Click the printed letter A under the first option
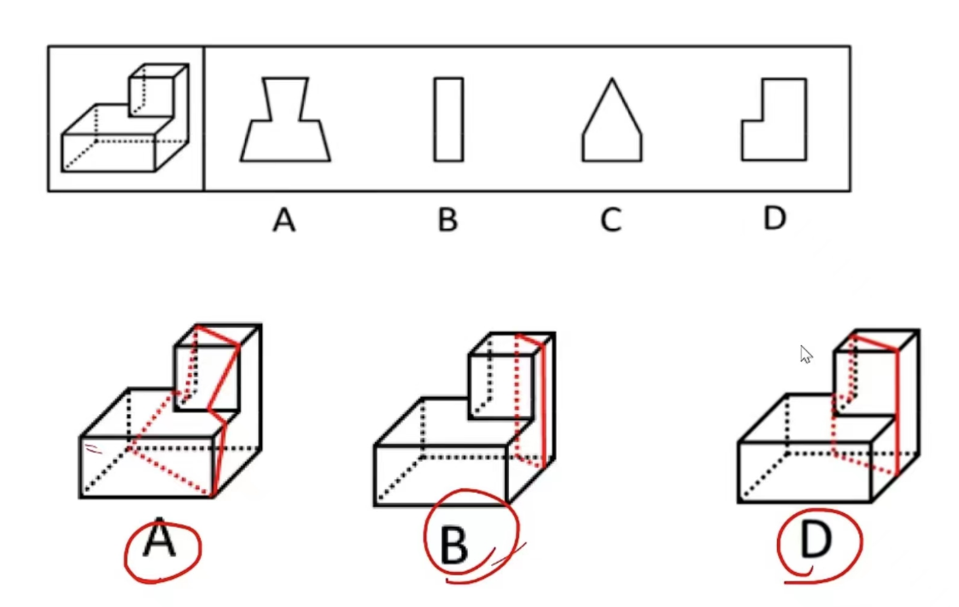(284, 220)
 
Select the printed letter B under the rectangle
(447, 220)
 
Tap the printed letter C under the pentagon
(610, 220)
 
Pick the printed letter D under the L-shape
(774, 219)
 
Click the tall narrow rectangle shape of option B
(448, 120)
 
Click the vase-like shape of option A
(285, 124)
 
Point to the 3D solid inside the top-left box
(125, 120)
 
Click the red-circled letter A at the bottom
(160, 543)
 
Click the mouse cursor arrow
(805, 353)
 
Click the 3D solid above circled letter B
(465, 418)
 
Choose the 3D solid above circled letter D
(828, 418)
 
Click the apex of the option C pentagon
(612, 79)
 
